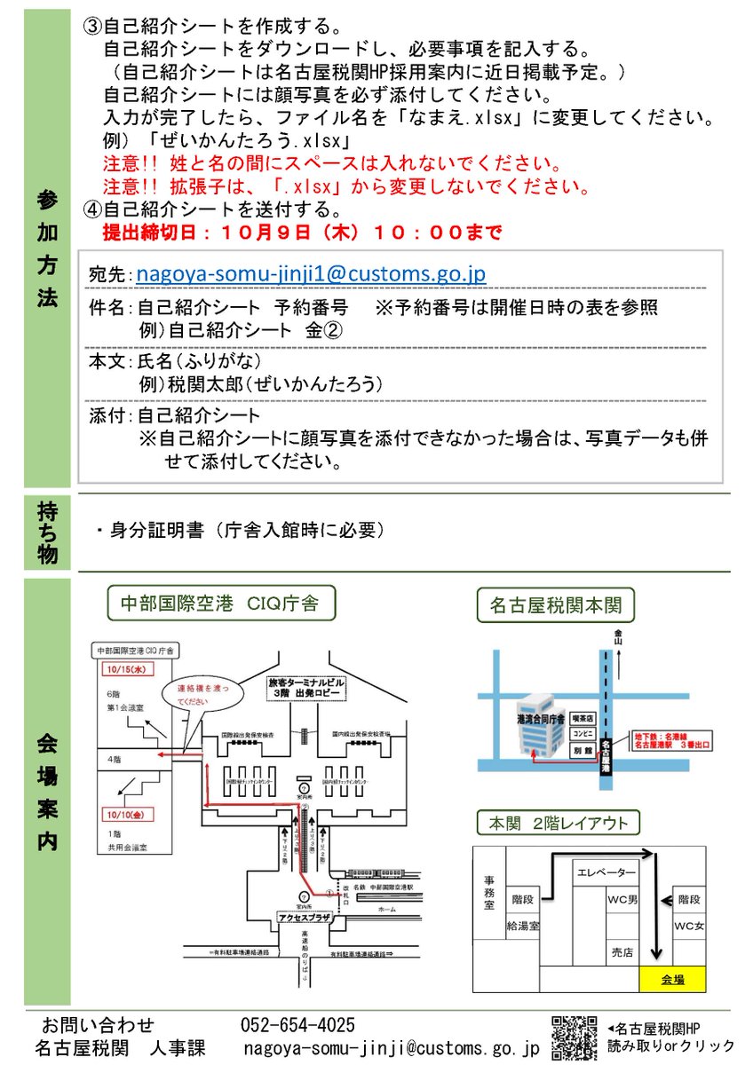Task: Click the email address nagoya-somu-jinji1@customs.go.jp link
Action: pos(310,275)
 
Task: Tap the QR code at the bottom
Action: pos(575,1037)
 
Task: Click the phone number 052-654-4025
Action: pos(297,1026)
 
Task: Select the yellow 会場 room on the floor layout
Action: pos(672,980)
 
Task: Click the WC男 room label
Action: pos(622,900)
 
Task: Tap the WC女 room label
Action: pos(689,926)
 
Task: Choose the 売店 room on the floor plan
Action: pos(622,952)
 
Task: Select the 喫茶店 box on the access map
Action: pos(583,717)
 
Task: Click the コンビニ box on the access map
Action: pos(583,734)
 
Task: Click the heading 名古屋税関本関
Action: pos(555,607)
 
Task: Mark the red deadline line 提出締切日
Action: pos(302,233)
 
